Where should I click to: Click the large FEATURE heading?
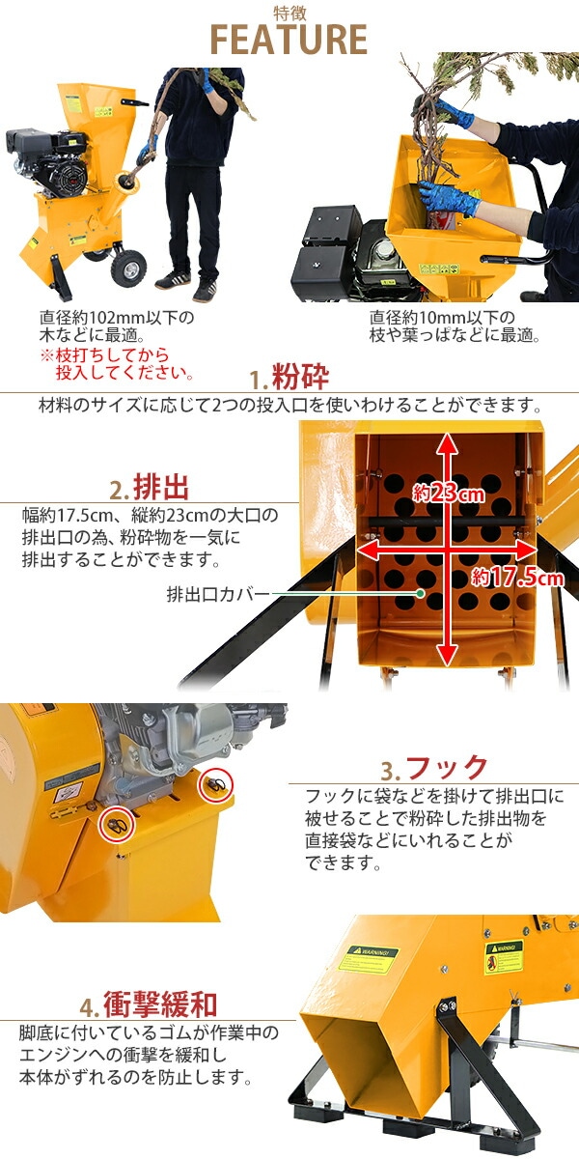[289, 39]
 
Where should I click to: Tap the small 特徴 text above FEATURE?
[289, 12]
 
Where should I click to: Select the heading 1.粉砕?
[289, 377]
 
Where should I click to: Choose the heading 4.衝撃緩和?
[149, 1006]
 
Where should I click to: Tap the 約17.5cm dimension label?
[517, 578]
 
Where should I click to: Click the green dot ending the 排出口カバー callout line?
[422, 593]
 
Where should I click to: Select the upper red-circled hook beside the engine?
[213, 784]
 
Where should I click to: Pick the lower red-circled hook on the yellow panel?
[117, 823]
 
